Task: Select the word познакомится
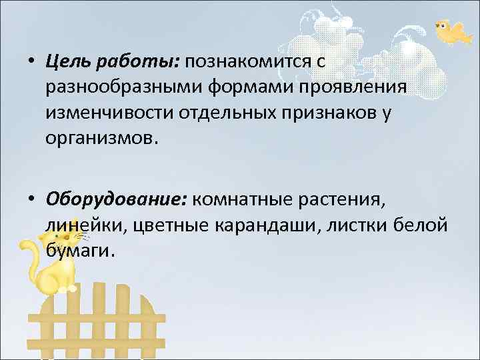pos(247,63)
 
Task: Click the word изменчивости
pos(107,113)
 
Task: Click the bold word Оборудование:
pos(117,199)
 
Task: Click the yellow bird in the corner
pos(451,31)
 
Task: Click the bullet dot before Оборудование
pos(32,199)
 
